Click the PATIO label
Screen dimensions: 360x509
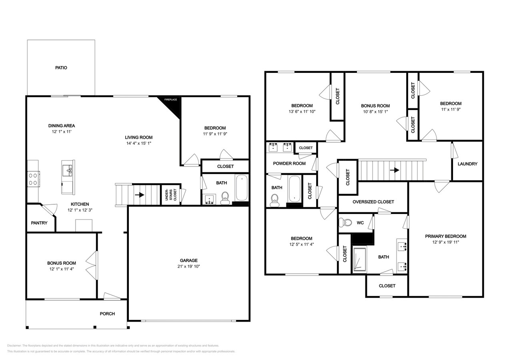pos(61,68)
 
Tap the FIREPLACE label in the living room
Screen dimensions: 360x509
pos(170,100)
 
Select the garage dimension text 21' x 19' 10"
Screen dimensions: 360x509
pos(188,266)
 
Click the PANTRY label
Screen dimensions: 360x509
pos(39,223)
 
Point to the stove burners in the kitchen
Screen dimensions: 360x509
pos(33,178)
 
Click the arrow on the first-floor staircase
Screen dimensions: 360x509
pos(140,195)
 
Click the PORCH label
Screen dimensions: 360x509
pos(107,314)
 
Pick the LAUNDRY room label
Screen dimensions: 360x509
pos(467,164)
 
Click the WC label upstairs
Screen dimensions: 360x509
pos(360,223)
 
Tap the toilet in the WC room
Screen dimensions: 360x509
pos(346,222)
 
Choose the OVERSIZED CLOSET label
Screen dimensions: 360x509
pos(373,202)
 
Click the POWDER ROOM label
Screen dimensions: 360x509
pos(289,163)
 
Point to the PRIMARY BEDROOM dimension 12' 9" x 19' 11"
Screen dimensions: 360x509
pos(445,242)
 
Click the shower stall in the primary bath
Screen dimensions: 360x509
pos(359,260)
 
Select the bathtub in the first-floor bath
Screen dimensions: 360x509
pos(241,187)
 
